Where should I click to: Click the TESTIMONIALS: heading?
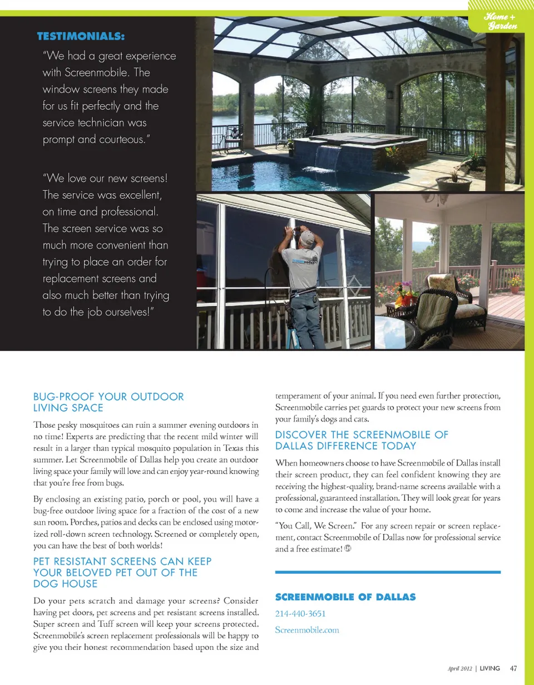coord(81,37)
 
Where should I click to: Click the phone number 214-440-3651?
coord(300,614)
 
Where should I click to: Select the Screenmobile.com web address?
coord(307,630)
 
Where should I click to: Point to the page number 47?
coord(513,668)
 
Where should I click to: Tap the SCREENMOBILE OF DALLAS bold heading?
coord(345,597)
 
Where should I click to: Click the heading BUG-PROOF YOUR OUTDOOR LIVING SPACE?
coord(108,402)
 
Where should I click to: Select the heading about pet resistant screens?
coord(122,573)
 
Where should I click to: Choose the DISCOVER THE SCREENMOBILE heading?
coord(362,440)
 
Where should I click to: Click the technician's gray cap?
coord(306,238)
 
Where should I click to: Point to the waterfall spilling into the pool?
coord(328,158)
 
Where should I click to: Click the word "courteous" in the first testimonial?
coord(120,139)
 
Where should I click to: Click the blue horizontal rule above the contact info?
coord(388,572)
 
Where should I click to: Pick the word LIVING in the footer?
coord(489,668)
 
